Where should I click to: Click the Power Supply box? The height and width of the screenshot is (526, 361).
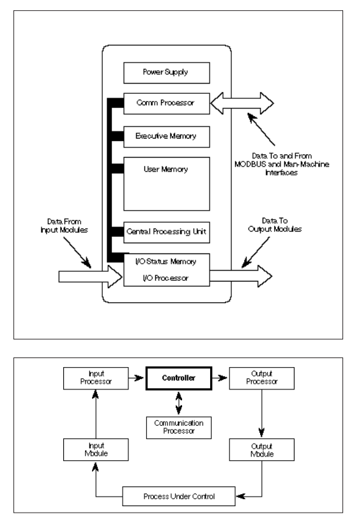click(x=167, y=73)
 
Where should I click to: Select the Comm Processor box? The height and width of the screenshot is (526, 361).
click(x=167, y=103)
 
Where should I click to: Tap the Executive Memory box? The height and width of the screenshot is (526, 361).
click(x=167, y=137)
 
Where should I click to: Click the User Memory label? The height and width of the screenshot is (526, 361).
click(x=165, y=169)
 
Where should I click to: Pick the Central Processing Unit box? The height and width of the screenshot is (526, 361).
click(x=167, y=232)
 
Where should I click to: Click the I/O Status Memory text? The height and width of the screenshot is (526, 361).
click(x=165, y=262)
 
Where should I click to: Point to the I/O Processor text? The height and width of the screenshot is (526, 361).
click(x=165, y=278)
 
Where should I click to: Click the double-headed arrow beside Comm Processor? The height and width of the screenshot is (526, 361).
click(x=242, y=103)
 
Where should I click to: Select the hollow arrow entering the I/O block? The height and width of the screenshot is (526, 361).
click(x=90, y=276)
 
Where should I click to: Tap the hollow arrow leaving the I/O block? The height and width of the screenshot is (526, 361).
click(x=241, y=276)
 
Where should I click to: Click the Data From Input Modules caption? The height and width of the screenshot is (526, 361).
click(x=64, y=226)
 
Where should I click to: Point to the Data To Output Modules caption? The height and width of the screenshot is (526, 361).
click(x=275, y=225)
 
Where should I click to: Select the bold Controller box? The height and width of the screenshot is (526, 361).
click(x=179, y=379)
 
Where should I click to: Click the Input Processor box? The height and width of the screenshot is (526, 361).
click(x=96, y=379)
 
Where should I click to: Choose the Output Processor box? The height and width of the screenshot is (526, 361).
click(x=261, y=379)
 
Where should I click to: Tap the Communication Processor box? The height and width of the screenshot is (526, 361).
click(x=179, y=428)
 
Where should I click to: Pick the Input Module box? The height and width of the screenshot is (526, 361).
click(x=96, y=449)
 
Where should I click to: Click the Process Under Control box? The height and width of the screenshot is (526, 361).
click(x=179, y=496)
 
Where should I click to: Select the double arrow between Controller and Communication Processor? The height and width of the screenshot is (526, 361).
click(x=179, y=403)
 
